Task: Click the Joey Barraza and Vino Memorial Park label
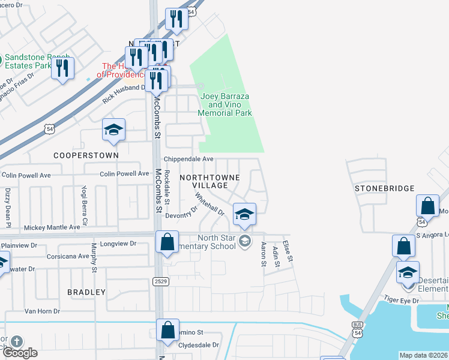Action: coord(226,104)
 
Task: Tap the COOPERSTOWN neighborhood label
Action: coord(86,155)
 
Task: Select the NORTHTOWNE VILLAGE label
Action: coord(209,181)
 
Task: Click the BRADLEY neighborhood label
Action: coord(86,292)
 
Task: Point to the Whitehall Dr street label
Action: coord(209,204)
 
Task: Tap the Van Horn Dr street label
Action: coord(41,311)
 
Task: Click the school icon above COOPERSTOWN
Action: coord(113,130)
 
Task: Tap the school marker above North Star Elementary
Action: coord(244,214)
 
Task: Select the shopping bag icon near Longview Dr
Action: coord(167,242)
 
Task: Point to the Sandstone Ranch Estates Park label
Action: coord(37,61)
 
